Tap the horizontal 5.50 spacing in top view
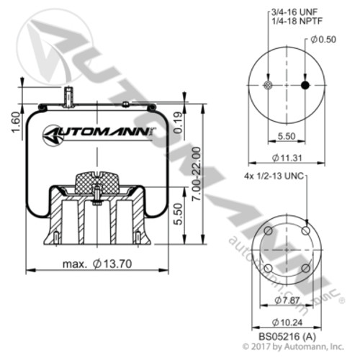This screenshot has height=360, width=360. [x=287, y=135]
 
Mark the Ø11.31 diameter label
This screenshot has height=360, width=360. [x=287, y=158]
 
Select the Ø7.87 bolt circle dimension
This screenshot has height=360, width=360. [x=287, y=299]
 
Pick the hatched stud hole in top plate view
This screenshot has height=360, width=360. [x=268, y=85]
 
